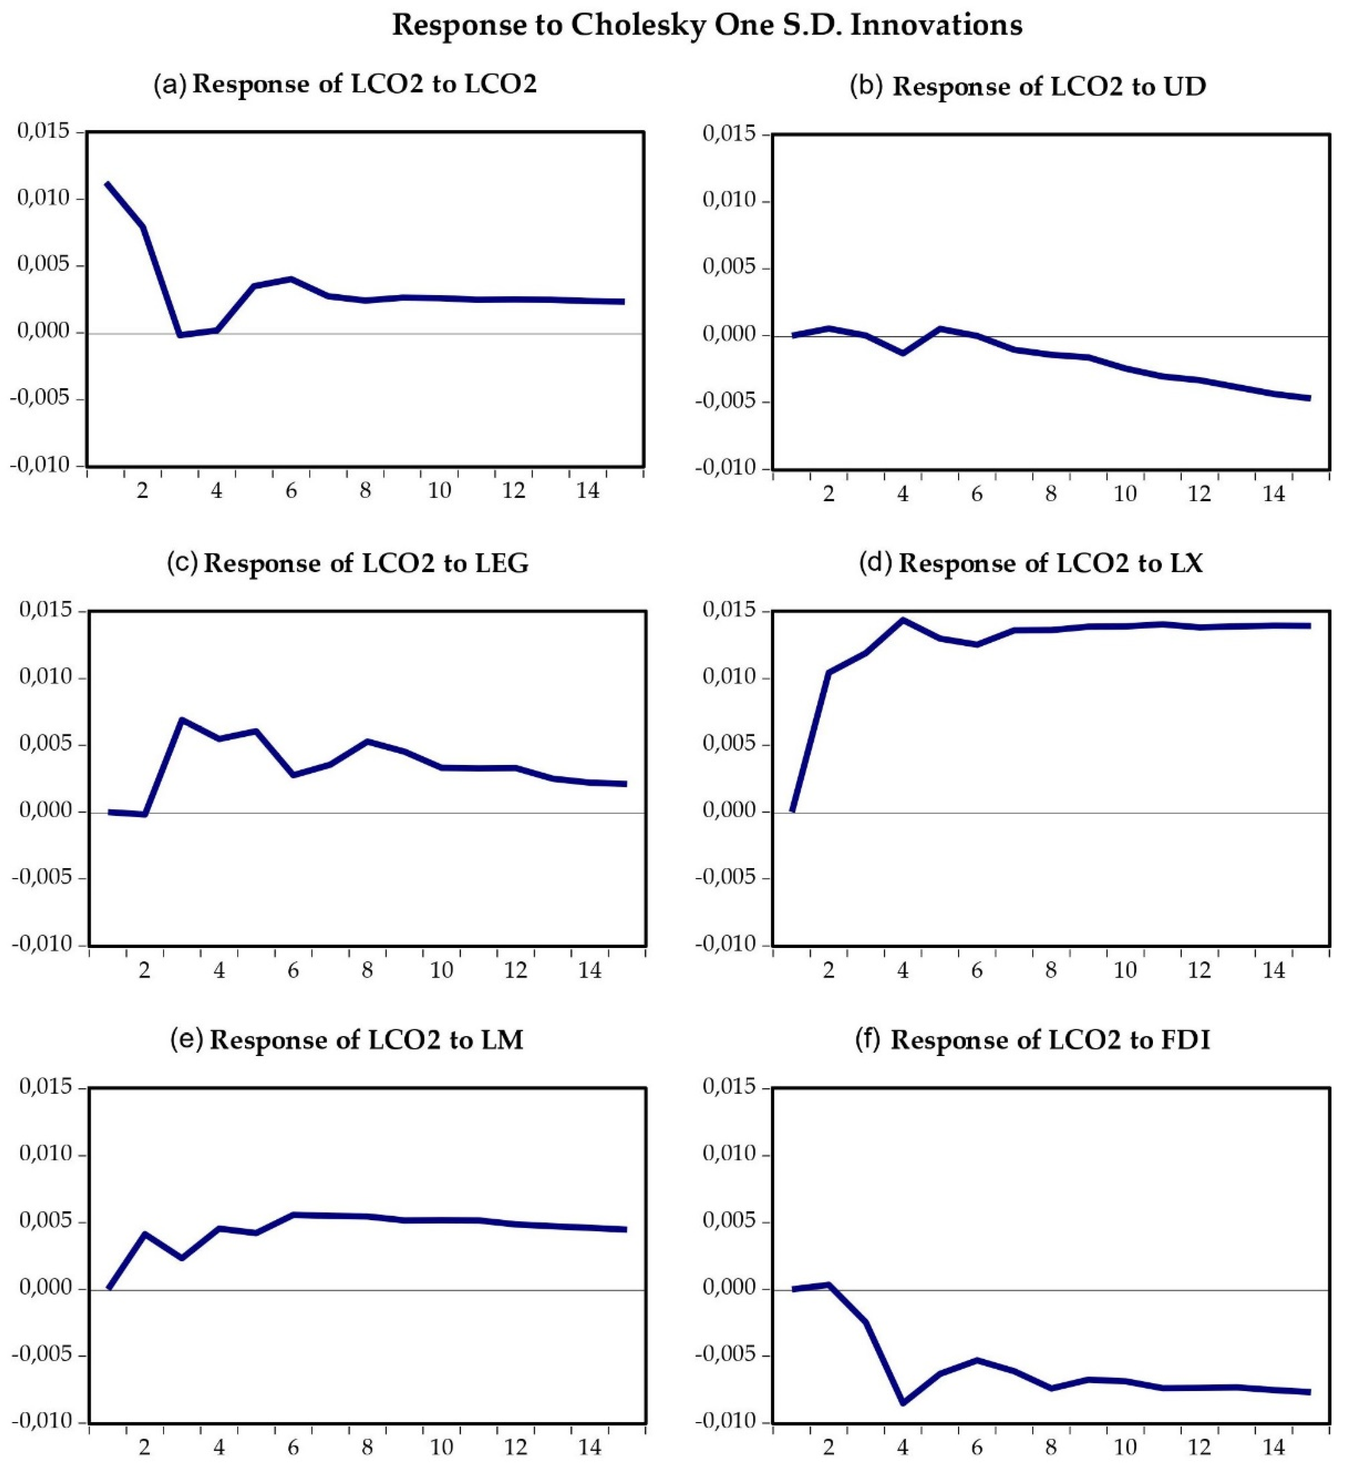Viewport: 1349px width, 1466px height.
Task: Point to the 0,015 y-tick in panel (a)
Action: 44,131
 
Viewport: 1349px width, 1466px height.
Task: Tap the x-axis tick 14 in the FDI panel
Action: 1274,1446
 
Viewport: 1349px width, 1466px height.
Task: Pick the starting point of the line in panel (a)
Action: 107,183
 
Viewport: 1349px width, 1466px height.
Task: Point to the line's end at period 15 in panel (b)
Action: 1309,398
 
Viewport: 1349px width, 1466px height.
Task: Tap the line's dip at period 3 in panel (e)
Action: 182,1258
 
